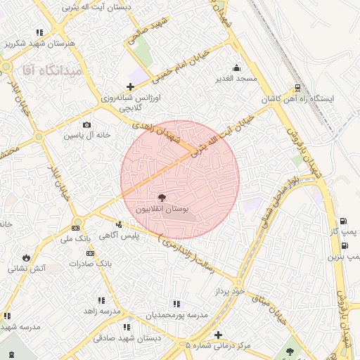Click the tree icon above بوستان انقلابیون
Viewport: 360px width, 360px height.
coord(162,198)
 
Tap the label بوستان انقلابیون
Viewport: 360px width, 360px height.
coord(162,210)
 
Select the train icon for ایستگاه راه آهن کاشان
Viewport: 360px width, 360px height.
coord(298,89)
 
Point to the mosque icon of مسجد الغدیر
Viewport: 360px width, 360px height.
coord(236,68)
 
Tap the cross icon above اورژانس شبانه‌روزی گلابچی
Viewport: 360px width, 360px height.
coord(131,86)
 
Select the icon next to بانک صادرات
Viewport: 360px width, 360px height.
coord(89,253)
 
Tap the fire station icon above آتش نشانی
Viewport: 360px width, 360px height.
coord(27,257)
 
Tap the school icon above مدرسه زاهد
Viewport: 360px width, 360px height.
coord(103,300)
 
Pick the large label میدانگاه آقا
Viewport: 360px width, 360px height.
coord(52,71)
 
